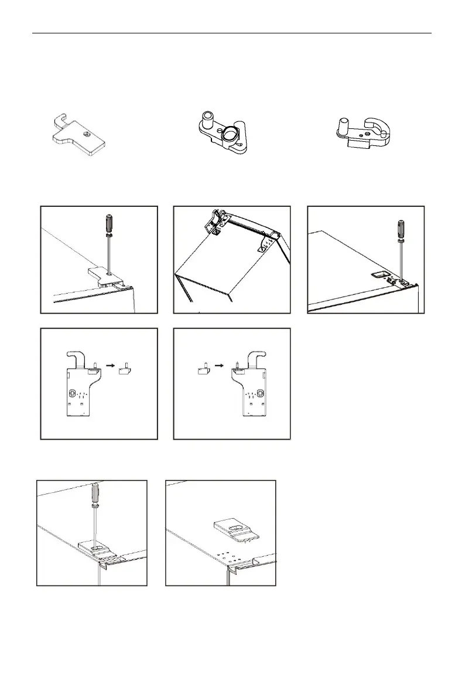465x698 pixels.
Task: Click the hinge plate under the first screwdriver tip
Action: click(x=105, y=275)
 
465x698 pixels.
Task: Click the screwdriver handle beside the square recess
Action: click(x=401, y=229)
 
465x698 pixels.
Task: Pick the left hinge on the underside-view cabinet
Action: click(x=214, y=222)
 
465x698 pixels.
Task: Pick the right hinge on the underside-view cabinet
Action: click(x=268, y=243)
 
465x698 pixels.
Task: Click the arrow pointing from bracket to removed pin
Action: click(x=110, y=364)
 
